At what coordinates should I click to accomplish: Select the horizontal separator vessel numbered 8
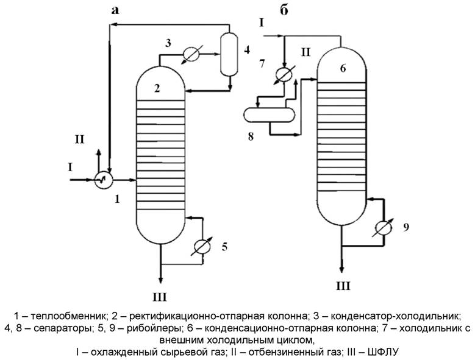[269, 113]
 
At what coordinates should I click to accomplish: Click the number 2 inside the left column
[157, 89]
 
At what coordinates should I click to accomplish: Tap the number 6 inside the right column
[343, 68]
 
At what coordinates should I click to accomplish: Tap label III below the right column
[343, 284]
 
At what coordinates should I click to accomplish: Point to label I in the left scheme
[70, 166]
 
